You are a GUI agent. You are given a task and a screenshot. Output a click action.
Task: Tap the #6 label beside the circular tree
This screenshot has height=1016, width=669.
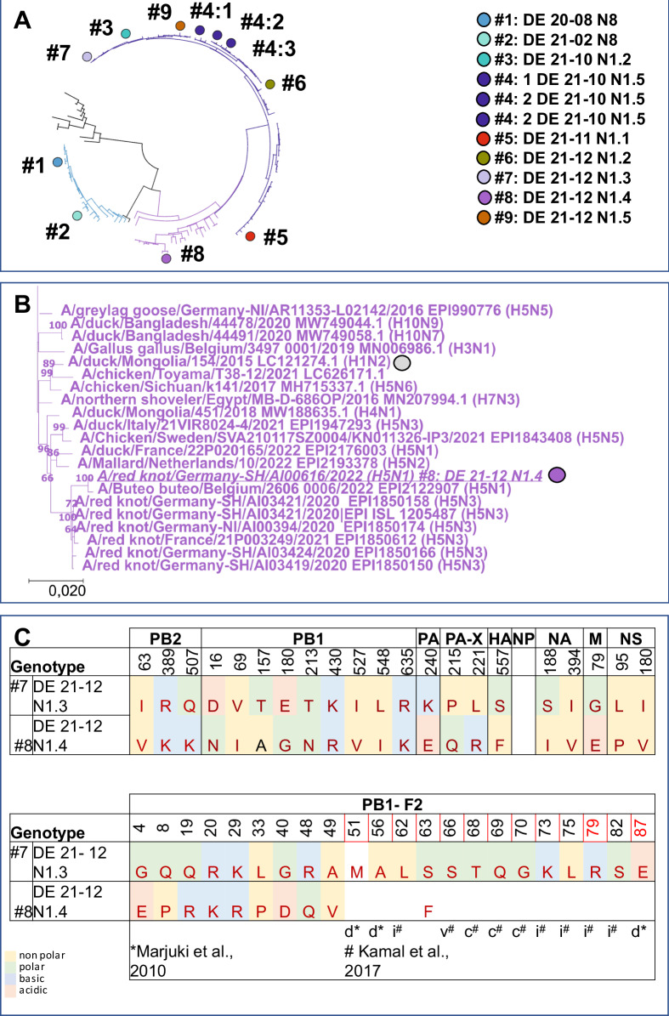(x=293, y=84)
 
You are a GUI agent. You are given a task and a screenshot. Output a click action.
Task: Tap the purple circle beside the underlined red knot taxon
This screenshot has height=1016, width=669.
(x=558, y=475)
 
